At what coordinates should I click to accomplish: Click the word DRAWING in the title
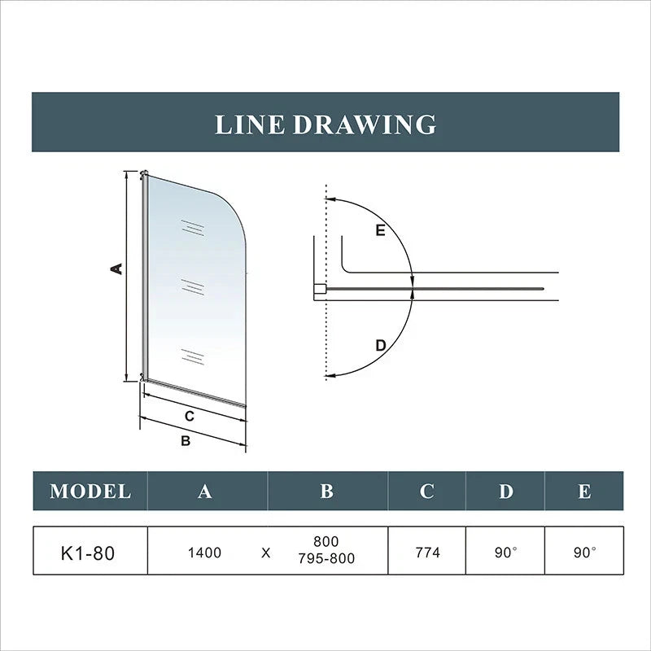click(x=364, y=125)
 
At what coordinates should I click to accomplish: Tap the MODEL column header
click(x=90, y=492)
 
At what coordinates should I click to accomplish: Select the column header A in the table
click(x=204, y=492)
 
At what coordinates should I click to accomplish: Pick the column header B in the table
click(x=326, y=492)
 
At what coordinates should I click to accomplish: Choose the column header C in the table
click(x=426, y=492)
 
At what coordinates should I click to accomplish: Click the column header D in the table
click(x=505, y=492)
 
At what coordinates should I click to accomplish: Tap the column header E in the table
click(x=583, y=492)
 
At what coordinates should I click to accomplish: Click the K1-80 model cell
click(x=88, y=553)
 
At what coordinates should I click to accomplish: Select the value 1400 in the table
click(x=203, y=553)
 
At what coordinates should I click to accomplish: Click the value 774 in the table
click(x=427, y=553)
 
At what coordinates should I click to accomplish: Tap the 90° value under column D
click(x=505, y=553)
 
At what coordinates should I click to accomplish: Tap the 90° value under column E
click(x=584, y=553)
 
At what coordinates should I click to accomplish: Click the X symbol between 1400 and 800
click(x=266, y=553)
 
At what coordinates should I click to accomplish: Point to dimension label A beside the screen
click(x=117, y=268)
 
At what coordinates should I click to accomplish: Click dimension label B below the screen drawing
click(x=185, y=441)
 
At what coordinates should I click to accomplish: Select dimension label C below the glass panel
click(x=189, y=416)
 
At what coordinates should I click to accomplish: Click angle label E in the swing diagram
click(x=379, y=230)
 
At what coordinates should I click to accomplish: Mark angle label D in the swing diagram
click(x=379, y=345)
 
